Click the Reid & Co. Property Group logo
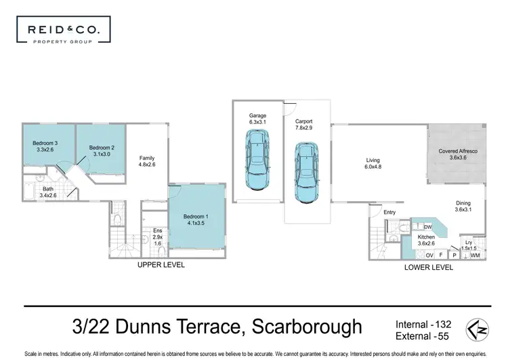click(62, 32)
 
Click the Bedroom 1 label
click(196, 220)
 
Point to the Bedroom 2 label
click(100, 151)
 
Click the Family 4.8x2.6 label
click(148, 160)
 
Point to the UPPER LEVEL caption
click(161, 265)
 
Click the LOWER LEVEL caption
click(429, 267)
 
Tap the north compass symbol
click(476, 329)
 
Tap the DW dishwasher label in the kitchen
click(428, 227)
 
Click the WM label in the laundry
click(475, 255)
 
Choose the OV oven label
click(429, 255)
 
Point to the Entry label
click(389, 213)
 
